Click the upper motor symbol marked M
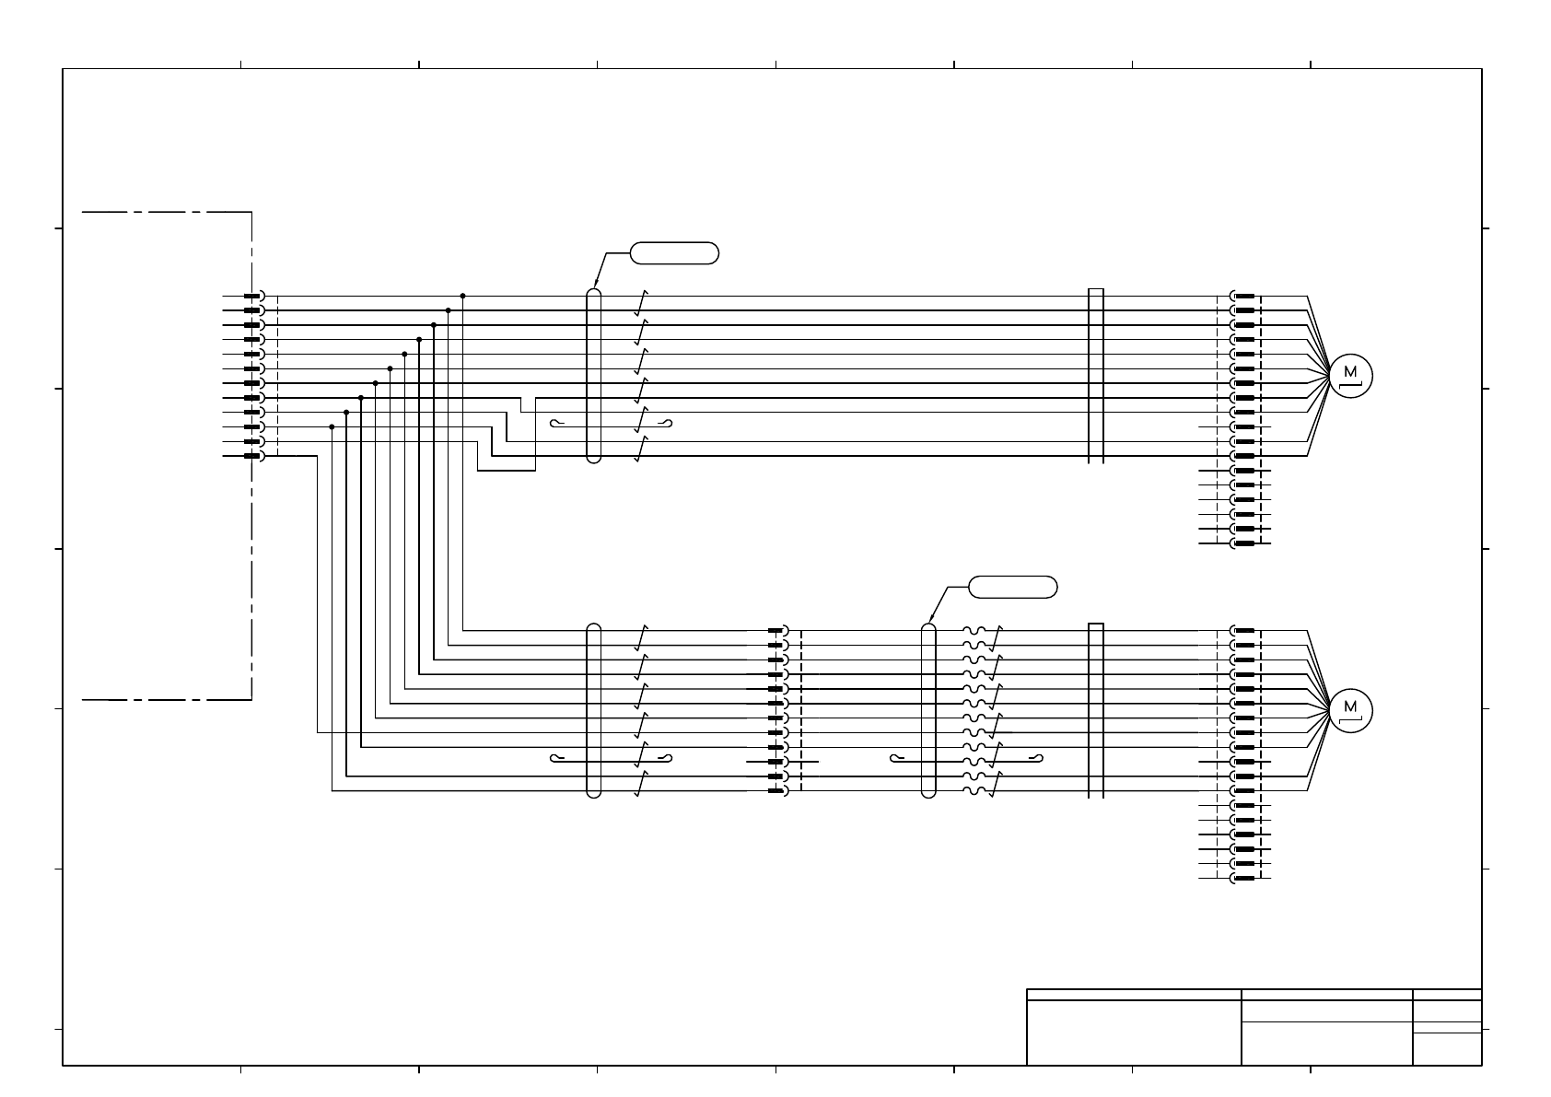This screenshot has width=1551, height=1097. (1351, 375)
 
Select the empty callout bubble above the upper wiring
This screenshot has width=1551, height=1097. (674, 253)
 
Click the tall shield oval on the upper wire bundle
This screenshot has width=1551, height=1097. (593, 376)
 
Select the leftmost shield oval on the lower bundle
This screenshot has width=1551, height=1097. (593, 710)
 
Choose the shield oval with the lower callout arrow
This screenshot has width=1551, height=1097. (928, 710)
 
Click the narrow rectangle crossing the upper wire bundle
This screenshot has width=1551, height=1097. (1096, 376)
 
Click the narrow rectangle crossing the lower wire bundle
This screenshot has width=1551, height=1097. (1096, 710)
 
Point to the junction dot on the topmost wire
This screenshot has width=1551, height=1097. (462, 296)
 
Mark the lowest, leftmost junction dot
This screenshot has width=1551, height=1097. (332, 426)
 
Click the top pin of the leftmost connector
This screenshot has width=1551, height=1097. (252, 296)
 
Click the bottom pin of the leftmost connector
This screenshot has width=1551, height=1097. (252, 456)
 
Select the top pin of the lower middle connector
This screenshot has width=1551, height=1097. (776, 631)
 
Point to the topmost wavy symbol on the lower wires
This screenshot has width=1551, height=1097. (975, 631)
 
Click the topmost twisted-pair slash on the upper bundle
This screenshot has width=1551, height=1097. (642, 302)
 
